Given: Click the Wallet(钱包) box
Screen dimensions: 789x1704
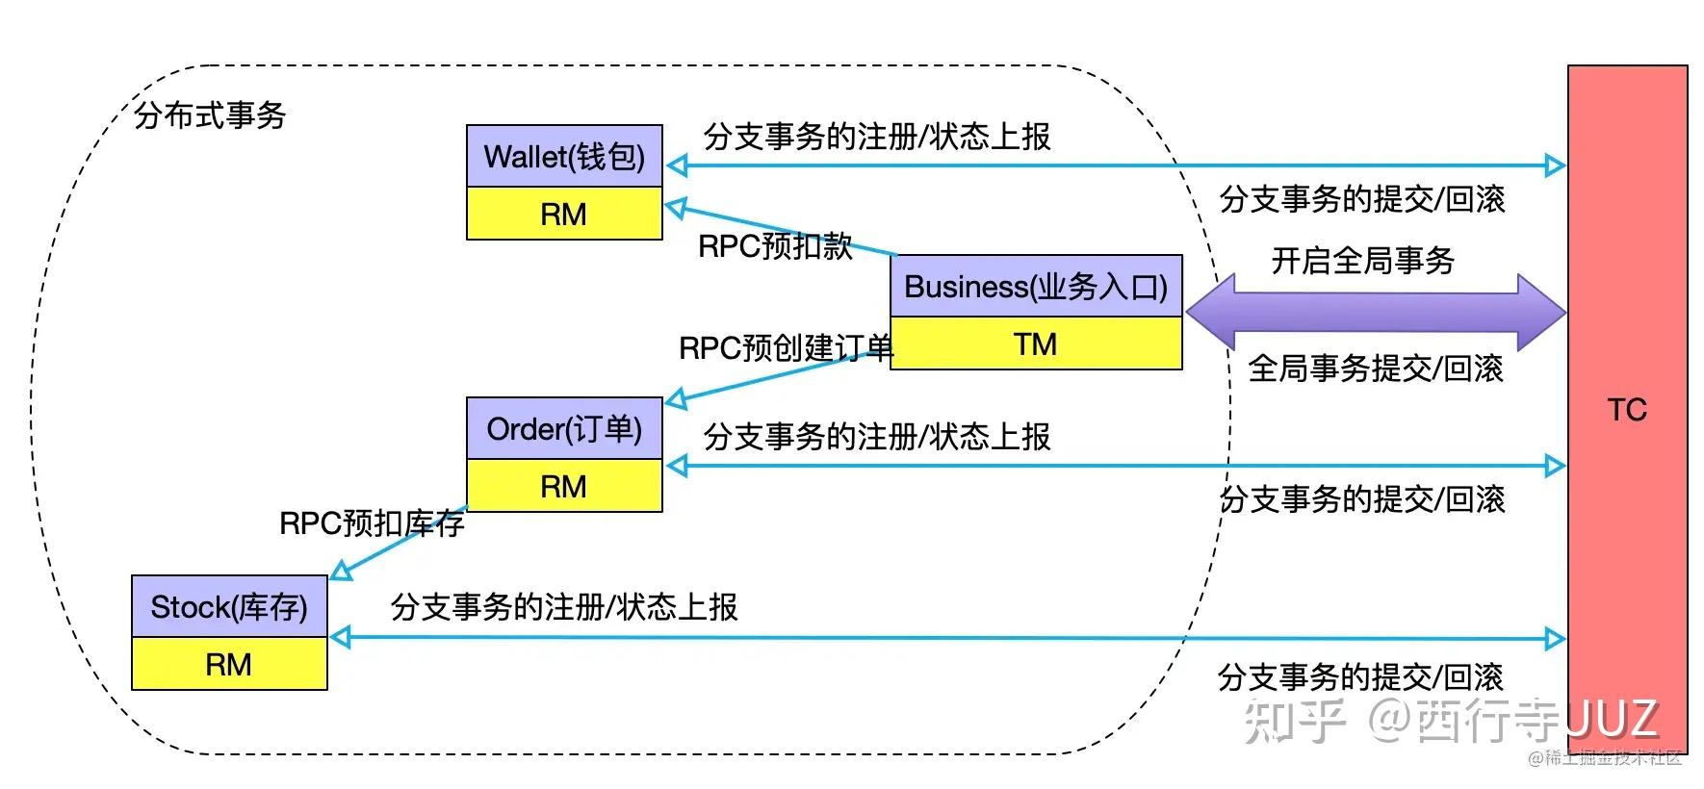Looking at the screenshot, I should pos(564,156).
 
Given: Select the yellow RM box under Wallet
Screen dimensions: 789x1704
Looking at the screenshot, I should pos(564,214).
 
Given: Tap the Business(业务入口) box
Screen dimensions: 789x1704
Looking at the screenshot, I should pos(1036,287).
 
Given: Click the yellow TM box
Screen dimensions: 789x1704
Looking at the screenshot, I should pos(1036,344).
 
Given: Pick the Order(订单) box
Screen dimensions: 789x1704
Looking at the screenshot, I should pos(564,429).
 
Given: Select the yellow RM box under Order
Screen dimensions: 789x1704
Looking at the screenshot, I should pos(564,486).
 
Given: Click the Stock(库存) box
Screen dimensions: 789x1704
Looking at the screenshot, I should pos(229,607).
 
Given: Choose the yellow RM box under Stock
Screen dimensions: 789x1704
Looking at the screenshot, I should pos(229,664).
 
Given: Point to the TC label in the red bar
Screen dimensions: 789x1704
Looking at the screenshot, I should pos(1627,410).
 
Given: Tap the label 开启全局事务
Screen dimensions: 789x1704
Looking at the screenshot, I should pos(1362,260).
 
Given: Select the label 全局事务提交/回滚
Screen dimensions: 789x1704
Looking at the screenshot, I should pos(1375,369).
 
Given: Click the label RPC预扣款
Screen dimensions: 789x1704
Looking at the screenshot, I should pos(775,246).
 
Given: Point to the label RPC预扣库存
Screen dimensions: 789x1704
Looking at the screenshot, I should pos(372,523).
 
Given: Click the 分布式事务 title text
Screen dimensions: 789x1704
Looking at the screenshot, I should pos(210,115).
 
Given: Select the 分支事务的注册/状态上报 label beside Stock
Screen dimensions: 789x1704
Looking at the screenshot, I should pos(564,607).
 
